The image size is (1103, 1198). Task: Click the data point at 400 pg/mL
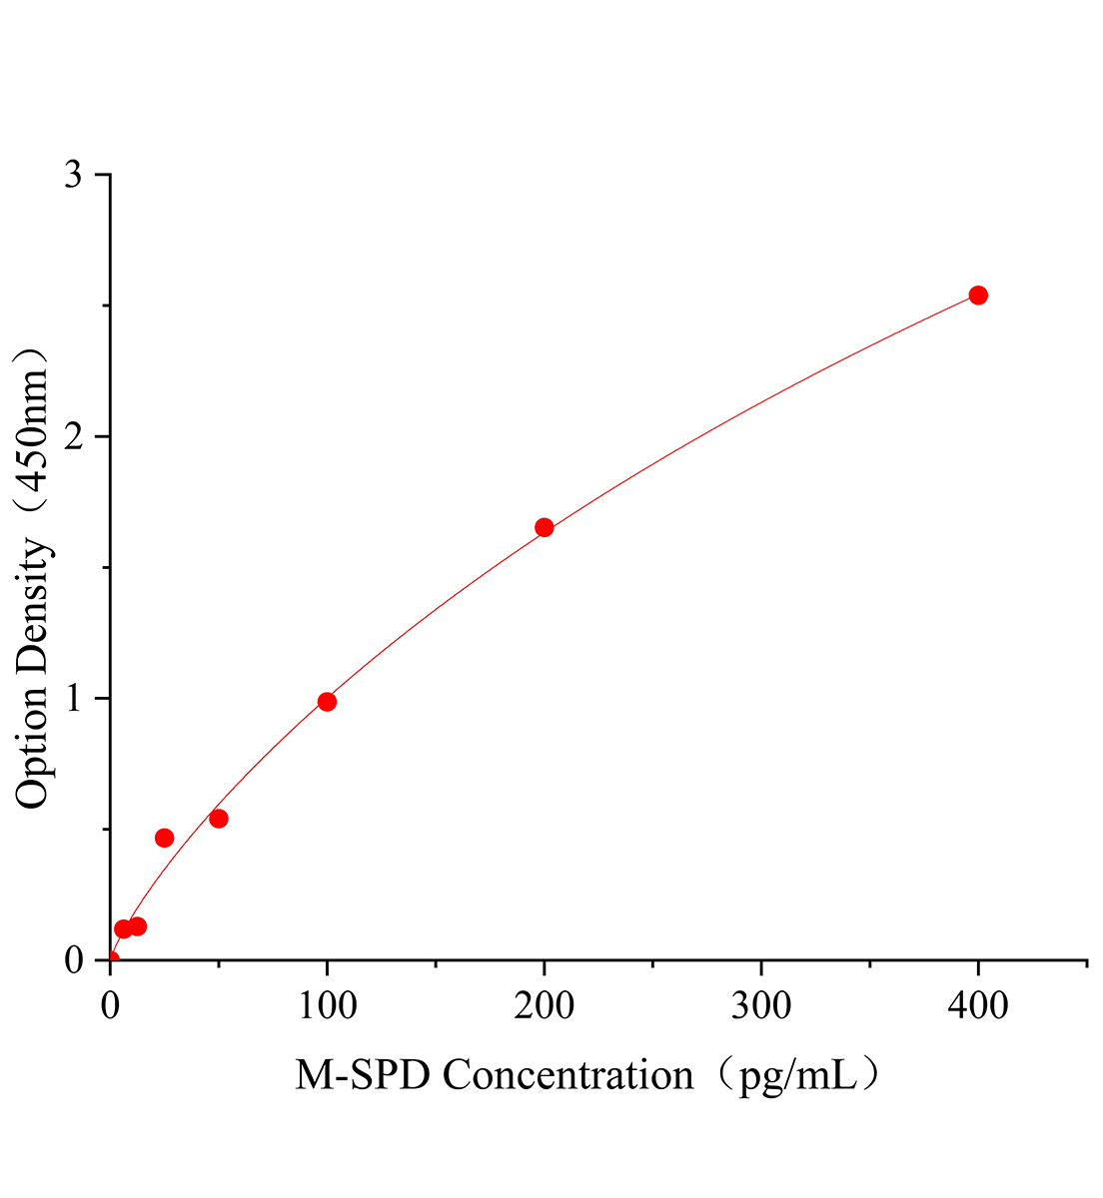[x=978, y=295]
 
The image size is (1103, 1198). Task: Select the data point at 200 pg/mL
[x=545, y=527]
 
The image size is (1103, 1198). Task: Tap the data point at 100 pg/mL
[x=327, y=702]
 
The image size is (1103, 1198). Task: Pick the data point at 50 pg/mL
[x=219, y=819]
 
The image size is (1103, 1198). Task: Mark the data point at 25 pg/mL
[x=165, y=838]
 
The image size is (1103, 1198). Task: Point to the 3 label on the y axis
[x=73, y=175]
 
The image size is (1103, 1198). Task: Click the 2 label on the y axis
[x=73, y=436]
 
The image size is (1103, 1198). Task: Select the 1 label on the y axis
[x=73, y=698]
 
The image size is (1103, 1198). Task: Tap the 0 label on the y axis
[x=73, y=959]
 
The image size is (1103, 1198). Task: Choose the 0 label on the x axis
[x=110, y=1006]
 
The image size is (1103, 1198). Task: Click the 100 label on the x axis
[x=327, y=1006]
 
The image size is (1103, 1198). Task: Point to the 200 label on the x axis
[x=545, y=1006]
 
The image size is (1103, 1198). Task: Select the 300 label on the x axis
[x=761, y=1006]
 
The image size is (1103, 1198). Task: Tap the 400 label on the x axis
[x=978, y=1006]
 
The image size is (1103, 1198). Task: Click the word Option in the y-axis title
[x=32, y=748]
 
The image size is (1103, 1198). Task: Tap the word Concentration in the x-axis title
[x=568, y=1076]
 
